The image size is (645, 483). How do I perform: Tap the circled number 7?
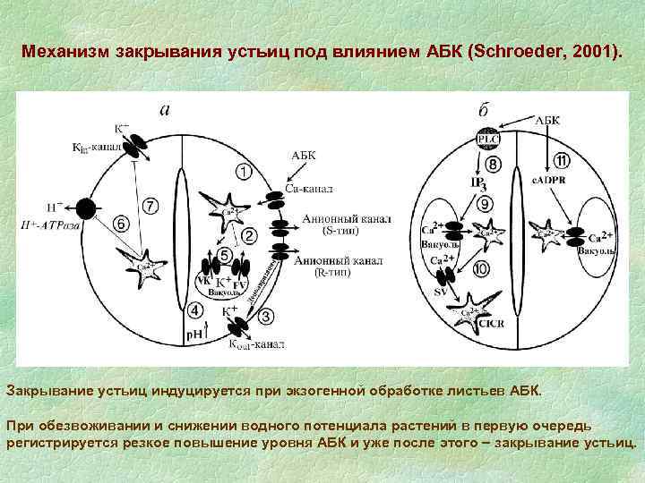[151, 208]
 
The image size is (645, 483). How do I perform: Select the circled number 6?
[120, 223]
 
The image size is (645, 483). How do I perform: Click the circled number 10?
[481, 268]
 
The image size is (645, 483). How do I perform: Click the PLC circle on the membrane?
[488, 140]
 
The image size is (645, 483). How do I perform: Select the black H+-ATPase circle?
[86, 210]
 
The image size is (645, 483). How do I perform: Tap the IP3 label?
[479, 184]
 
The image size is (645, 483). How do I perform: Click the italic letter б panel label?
[483, 110]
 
